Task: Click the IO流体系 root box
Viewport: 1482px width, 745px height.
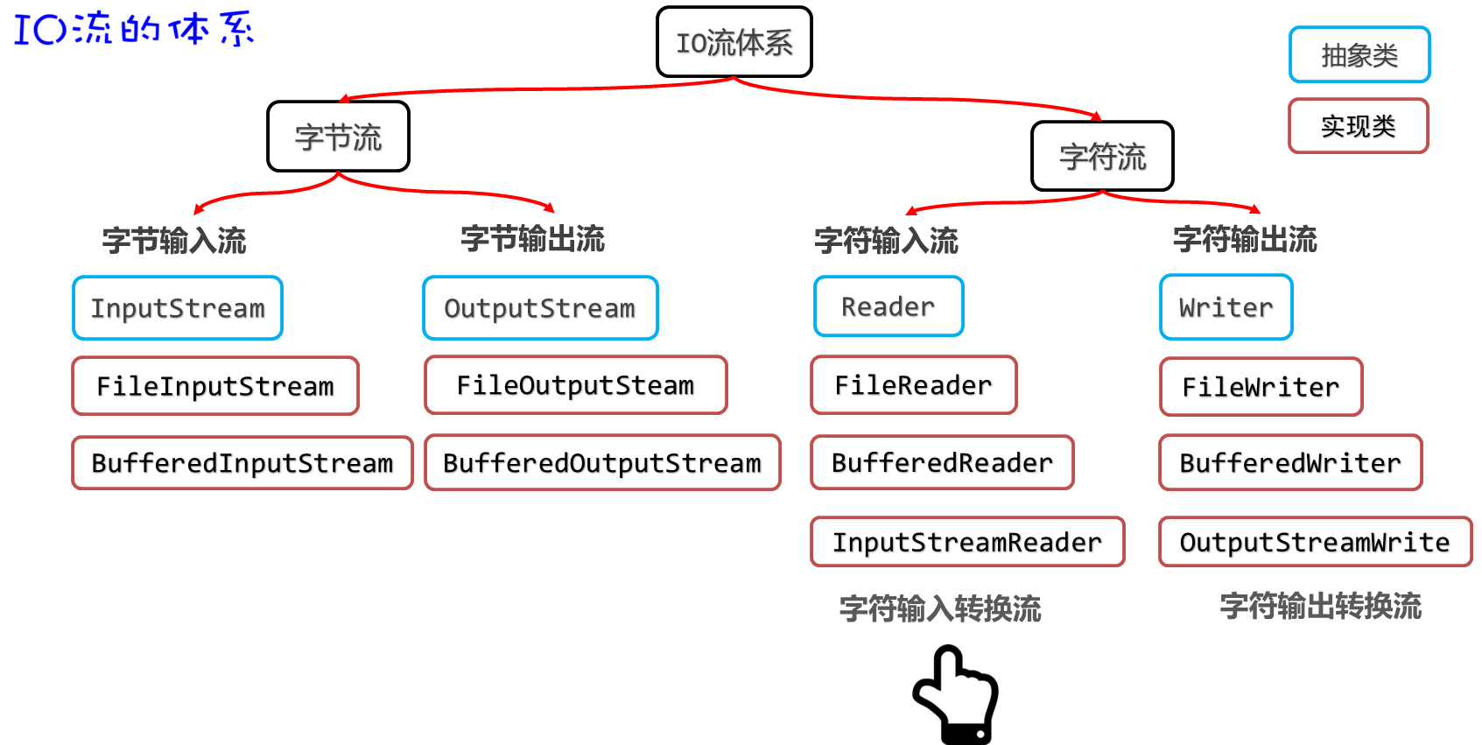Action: [734, 42]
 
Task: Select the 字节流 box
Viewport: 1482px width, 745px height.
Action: [338, 137]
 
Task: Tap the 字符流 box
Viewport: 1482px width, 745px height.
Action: [1102, 157]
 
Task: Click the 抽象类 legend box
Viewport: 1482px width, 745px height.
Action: [1359, 55]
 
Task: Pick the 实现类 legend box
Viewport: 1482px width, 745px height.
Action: [1358, 126]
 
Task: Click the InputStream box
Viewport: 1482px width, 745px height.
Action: [178, 308]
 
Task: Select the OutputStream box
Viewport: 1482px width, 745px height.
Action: [540, 308]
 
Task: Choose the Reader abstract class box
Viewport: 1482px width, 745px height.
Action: [888, 306]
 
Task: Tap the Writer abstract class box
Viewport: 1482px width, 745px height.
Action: [1226, 307]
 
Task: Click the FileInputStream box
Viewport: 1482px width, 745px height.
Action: [215, 386]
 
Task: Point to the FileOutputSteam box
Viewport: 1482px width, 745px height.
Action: [575, 385]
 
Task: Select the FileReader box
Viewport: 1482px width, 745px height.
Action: [913, 385]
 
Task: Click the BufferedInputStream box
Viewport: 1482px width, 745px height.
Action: [242, 463]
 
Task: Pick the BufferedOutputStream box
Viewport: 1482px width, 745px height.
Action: [602, 463]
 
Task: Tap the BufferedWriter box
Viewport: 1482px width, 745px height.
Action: [1290, 463]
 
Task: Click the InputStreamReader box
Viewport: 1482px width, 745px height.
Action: [967, 543]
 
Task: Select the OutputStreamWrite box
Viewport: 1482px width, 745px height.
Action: [1315, 543]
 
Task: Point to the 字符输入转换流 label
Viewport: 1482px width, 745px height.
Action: [940, 608]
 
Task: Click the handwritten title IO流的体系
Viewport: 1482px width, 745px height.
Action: [133, 28]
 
